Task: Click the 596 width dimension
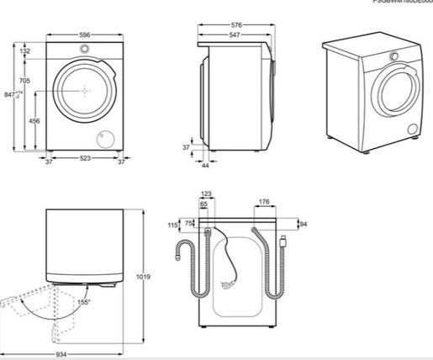[x=81, y=35]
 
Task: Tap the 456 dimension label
[x=34, y=121]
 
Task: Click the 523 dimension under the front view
[x=81, y=160]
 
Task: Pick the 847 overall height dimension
[x=8, y=96]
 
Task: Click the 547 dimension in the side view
[x=241, y=37]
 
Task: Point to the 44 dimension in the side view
[x=205, y=166]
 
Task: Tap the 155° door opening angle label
[x=84, y=300]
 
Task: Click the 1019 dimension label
[x=154, y=277]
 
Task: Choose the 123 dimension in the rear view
[x=206, y=194]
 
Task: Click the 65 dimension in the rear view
[x=203, y=204]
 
